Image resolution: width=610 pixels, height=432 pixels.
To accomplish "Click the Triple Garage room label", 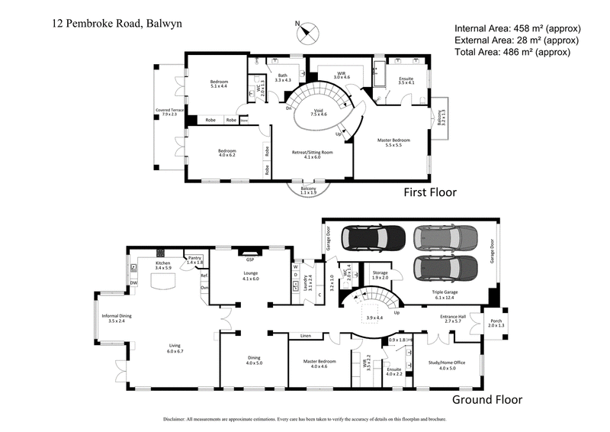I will tap(448, 293).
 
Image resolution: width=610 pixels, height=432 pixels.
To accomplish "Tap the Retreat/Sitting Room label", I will tap(314, 153).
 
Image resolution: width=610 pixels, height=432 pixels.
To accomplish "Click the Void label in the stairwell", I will tap(319, 111).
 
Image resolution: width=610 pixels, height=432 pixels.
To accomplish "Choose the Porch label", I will tap(496, 321).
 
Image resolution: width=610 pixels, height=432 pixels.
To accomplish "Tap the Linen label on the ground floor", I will tap(305, 335).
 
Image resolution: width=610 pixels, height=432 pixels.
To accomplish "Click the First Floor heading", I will tap(430, 192).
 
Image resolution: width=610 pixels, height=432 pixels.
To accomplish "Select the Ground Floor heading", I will tap(487, 399).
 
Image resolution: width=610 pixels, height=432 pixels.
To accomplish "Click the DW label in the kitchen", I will tap(133, 282).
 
